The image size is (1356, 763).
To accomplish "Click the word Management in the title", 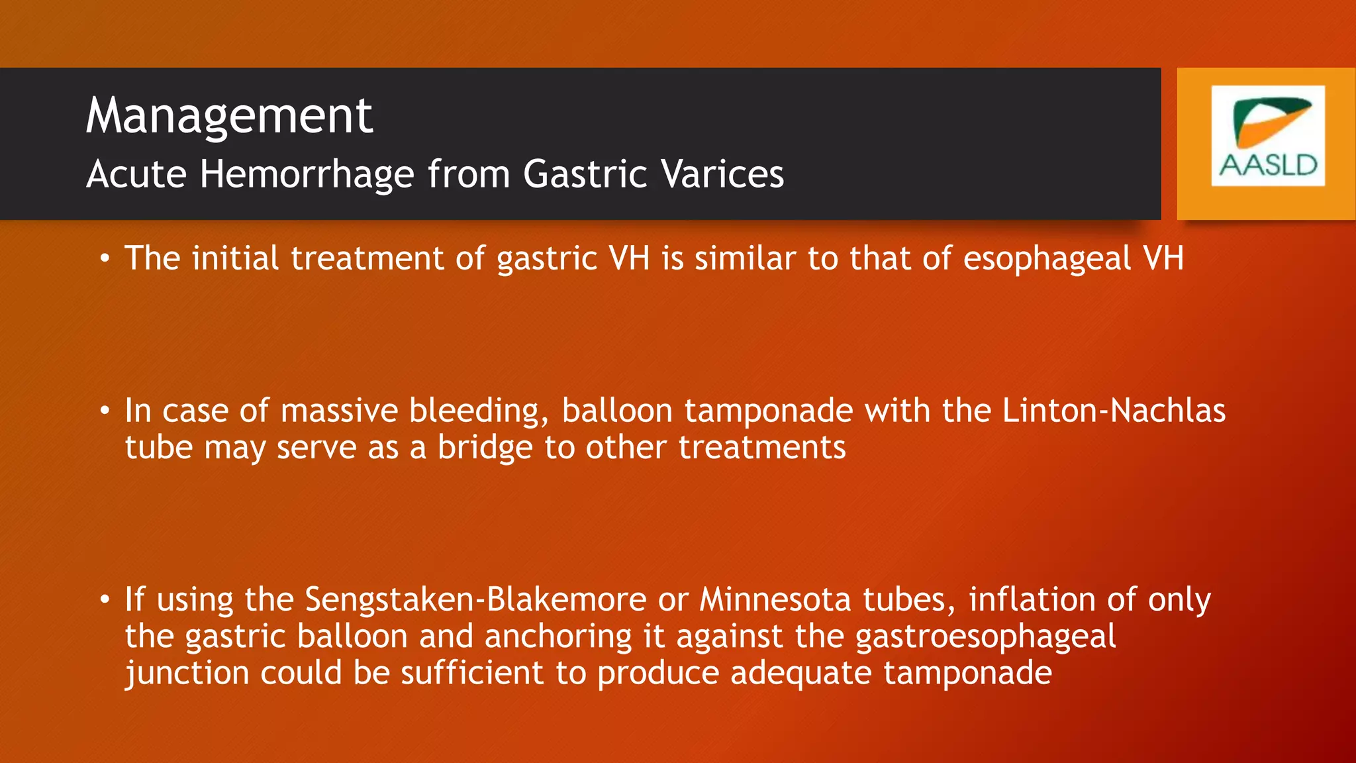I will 229,117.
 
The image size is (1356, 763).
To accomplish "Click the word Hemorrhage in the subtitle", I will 307,174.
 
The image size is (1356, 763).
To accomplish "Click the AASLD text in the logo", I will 1269,165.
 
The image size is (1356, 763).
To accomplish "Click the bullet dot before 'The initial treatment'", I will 105,259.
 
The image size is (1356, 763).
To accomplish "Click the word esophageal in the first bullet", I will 1047,259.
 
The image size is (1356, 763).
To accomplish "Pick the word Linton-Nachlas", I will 1113,411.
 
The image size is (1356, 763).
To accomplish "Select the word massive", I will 339,411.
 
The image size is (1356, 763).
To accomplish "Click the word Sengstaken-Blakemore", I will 475,599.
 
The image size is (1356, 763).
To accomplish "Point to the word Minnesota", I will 775,599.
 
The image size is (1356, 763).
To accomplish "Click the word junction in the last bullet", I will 187,674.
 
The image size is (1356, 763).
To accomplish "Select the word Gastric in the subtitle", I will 584,174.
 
